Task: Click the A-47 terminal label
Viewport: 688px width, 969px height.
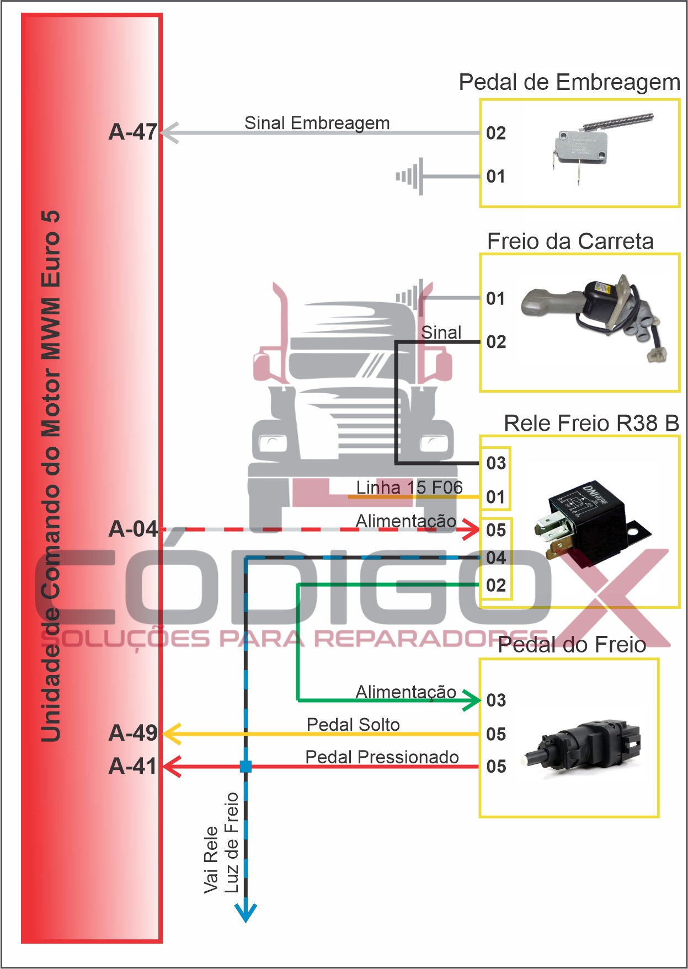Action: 133,132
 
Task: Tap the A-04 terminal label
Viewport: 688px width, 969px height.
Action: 133,529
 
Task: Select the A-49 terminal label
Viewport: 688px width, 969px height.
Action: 133,734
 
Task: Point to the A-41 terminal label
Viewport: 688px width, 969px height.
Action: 133,767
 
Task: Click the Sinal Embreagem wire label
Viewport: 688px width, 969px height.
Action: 317,123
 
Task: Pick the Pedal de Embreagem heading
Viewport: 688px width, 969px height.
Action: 569,83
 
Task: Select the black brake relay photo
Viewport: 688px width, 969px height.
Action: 590,521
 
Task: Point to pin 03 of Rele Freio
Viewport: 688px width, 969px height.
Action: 496,463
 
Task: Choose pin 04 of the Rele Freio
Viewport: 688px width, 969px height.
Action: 496,558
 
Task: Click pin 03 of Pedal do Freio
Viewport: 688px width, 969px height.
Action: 496,700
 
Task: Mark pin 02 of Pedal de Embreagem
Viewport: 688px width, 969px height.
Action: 496,133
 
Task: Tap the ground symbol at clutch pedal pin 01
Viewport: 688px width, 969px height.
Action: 411,176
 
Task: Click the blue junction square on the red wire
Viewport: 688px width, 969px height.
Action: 246,766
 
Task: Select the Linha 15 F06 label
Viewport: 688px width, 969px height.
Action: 409,488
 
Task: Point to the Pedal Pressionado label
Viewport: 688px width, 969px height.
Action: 382,757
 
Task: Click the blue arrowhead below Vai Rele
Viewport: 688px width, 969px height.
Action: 246,913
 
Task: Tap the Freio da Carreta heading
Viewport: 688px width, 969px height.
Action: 570,242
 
